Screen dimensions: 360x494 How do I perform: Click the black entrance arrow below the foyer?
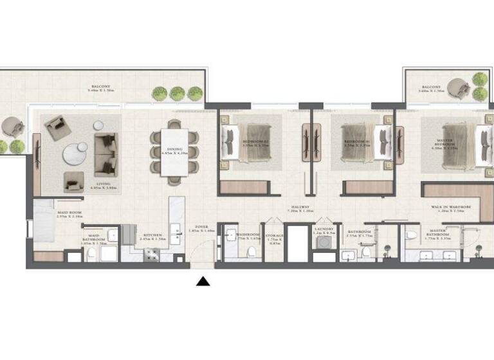click(203, 281)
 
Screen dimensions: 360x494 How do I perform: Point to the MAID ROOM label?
click(69, 214)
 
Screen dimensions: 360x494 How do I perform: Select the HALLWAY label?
click(300, 208)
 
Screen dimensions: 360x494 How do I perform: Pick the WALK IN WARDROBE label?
click(451, 207)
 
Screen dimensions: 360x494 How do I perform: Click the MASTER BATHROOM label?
click(437, 233)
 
